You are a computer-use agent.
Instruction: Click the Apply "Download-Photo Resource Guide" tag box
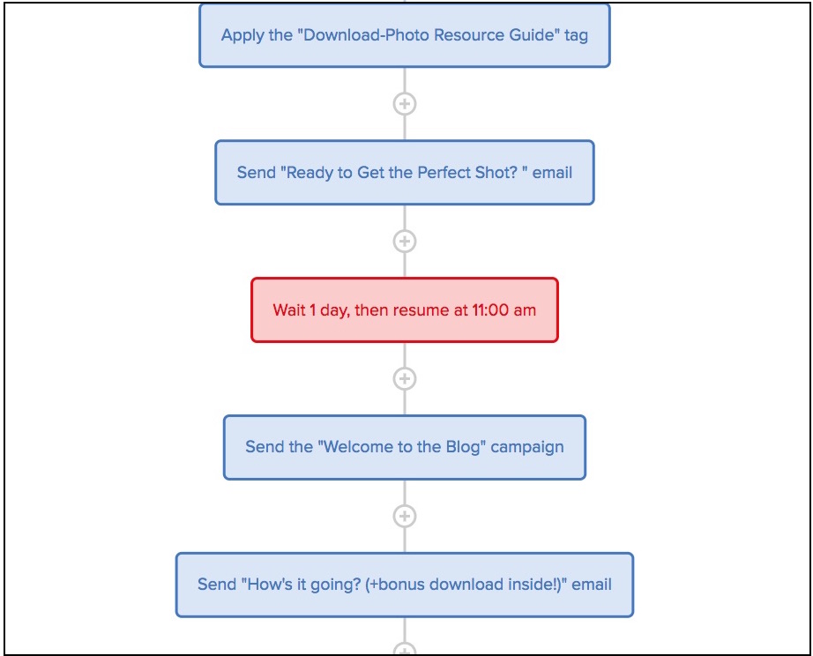coord(404,35)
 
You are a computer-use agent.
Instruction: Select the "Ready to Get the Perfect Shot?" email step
coord(404,173)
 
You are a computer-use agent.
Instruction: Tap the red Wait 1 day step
coord(404,310)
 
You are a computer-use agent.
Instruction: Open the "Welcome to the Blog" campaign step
coord(404,447)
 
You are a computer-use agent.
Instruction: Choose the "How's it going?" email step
coord(404,585)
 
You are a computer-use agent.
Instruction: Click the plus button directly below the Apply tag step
coord(404,104)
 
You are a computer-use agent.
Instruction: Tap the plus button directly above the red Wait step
coord(404,241)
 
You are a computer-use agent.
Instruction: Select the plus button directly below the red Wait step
coord(404,378)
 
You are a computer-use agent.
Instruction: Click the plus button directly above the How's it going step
coord(404,516)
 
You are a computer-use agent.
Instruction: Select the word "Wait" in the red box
coord(289,310)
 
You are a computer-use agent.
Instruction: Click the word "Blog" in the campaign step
coord(464,447)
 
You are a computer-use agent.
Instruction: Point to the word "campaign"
coord(527,447)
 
